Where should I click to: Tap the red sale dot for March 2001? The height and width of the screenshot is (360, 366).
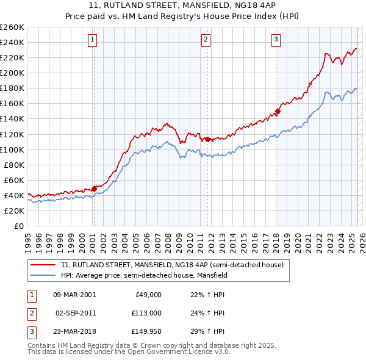(x=94, y=188)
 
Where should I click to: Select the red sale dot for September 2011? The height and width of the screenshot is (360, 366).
(x=207, y=139)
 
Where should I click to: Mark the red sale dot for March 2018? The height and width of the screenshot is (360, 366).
(x=278, y=111)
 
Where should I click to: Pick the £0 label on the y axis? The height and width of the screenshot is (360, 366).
(x=19, y=226)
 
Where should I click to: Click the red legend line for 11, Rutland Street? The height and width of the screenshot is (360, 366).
(x=43, y=265)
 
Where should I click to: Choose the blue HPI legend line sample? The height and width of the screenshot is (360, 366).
(x=43, y=275)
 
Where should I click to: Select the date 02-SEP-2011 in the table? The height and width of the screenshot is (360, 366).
(x=75, y=313)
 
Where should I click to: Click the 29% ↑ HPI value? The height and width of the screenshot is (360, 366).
(x=203, y=332)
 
